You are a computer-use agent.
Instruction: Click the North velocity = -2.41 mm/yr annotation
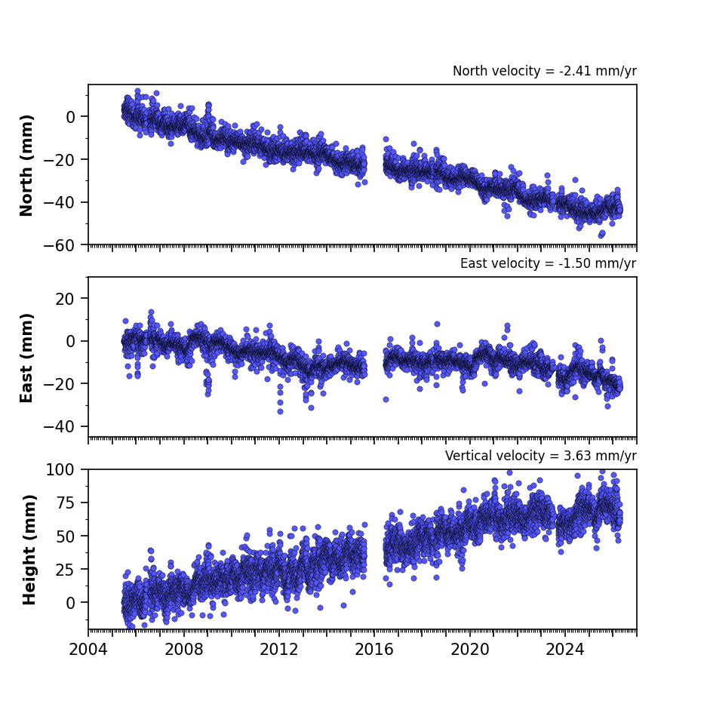click(545, 71)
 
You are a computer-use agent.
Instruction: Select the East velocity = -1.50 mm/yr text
click(549, 263)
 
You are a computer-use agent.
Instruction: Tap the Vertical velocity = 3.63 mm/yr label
click(540, 456)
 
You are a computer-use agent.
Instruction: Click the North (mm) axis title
click(26, 165)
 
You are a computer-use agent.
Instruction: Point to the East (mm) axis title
click(26, 358)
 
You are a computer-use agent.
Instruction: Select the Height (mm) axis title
click(29, 549)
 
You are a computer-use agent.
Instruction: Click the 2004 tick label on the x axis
click(88, 650)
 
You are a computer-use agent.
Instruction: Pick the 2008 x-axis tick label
click(183, 650)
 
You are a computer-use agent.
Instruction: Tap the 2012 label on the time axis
click(279, 650)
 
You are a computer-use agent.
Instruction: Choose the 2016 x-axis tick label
click(374, 650)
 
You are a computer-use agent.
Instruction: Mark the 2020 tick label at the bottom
click(470, 650)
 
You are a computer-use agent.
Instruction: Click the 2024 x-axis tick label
click(565, 650)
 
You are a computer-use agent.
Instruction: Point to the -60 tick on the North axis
click(60, 245)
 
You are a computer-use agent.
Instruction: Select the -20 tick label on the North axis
click(60, 160)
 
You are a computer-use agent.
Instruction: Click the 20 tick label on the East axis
click(66, 299)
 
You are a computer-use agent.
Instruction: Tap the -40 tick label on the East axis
click(60, 426)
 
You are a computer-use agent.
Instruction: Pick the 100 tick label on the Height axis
click(60, 470)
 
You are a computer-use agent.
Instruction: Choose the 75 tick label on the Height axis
click(66, 503)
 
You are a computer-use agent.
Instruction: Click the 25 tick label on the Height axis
click(66, 569)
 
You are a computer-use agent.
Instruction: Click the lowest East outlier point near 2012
click(280, 412)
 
